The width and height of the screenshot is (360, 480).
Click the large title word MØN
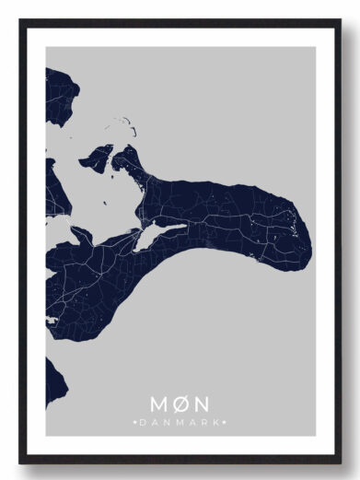pyautogui.click(x=180, y=404)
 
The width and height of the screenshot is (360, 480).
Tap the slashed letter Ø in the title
pyautogui.click(x=180, y=404)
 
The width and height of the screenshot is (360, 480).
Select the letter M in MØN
pyautogui.click(x=160, y=404)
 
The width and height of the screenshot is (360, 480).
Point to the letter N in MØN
pyautogui.click(x=202, y=404)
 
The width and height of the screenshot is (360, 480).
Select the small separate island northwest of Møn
pyautogui.click(x=96, y=158)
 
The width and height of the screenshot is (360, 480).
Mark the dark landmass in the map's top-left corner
pyautogui.click(x=58, y=92)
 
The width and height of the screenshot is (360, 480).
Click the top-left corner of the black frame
pyautogui.click(x=20, y=20)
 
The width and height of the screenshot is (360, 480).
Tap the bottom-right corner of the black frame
pyautogui.click(x=341, y=460)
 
